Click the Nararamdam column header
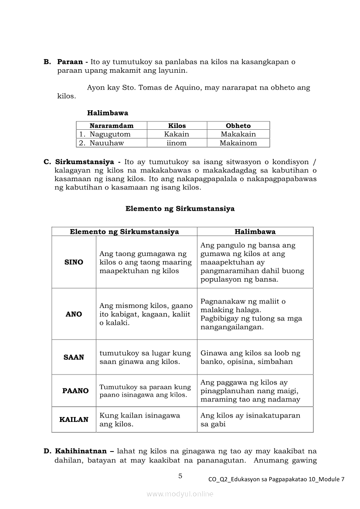point(112,125)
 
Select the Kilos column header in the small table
point(177,125)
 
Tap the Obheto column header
point(238,125)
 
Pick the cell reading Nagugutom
point(110,134)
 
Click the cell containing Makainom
point(238,143)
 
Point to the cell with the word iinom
point(177,143)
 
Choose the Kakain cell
point(177,134)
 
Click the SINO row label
point(74,262)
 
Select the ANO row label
point(74,314)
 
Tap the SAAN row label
point(74,357)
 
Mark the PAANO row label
point(75,391)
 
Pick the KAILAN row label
point(74,419)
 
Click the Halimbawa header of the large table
point(255,232)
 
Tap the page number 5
point(180,476)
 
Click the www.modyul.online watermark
point(180,494)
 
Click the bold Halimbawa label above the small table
point(108,113)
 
